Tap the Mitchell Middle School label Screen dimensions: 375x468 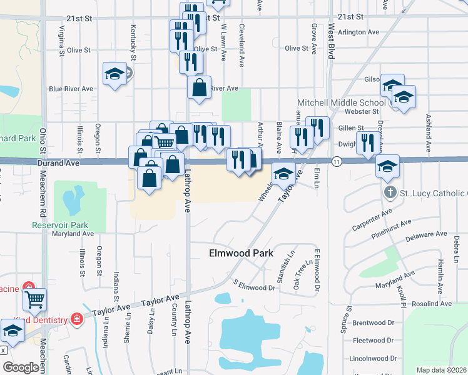[350, 102]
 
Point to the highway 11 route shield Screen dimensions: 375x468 [337, 162]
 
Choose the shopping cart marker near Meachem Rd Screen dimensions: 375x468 [34, 299]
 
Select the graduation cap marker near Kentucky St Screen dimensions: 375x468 [114, 75]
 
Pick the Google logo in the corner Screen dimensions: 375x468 [21, 367]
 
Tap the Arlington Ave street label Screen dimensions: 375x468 [359, 31]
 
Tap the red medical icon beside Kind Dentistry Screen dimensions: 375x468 [77, 319]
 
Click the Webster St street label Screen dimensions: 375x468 [367, 111]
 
